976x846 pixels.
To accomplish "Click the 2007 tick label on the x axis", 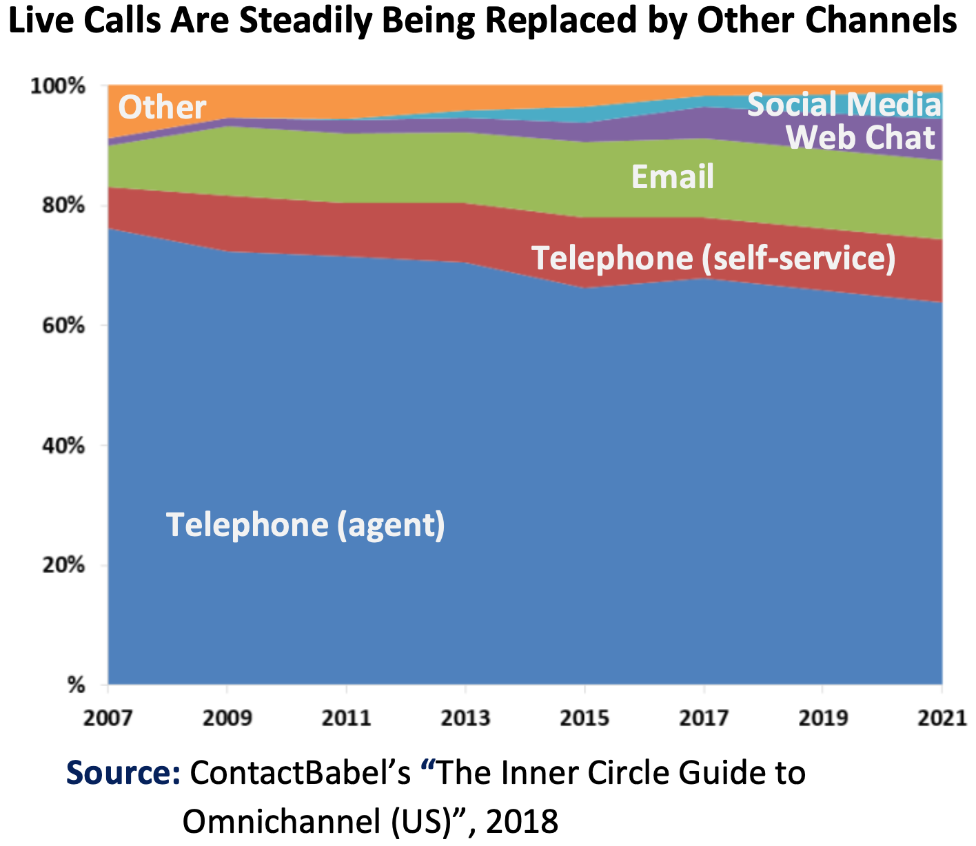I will (108, 718).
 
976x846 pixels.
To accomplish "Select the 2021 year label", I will (942, 718).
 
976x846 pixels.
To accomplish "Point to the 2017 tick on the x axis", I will (704, 718).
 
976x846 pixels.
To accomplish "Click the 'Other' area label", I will (162, 107).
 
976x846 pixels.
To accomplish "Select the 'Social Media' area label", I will (844, 105).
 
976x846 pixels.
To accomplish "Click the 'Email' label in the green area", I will (672, 177).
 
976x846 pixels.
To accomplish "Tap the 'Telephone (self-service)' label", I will (713, 258).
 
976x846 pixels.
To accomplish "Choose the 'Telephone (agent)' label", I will (305, 525).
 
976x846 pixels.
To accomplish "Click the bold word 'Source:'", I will (123, 773).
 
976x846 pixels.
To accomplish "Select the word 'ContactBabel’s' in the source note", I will (300, 773).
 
